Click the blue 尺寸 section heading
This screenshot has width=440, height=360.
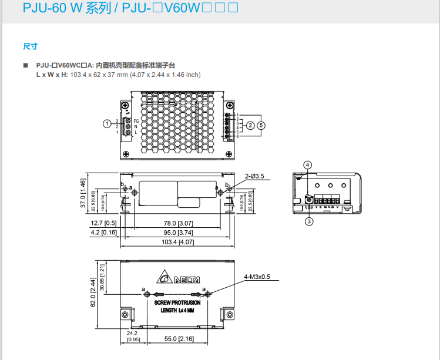[x=31, y=45]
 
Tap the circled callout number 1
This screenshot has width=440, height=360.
[x=106, y=123]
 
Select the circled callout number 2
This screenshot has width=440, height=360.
[x=250, y=125]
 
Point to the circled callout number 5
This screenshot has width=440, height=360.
[x=261, y=125]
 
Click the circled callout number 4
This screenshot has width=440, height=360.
[x=308, y=164]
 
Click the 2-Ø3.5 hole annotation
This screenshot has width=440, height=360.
[x=254, y=176]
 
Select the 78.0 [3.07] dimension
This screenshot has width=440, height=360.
[x=178, y=223]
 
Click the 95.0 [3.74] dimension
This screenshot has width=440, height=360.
[x=178, y=232]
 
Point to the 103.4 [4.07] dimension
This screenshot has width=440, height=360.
[x=178, y=241]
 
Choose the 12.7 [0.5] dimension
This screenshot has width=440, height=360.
[x=103, y=223]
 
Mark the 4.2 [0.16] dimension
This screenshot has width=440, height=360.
[x=103, y=232]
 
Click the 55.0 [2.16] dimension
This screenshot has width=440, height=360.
[x=179, y=339]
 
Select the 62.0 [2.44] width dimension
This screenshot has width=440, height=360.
[x=92, y=292]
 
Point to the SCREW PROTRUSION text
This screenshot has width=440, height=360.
[x=177, y=302]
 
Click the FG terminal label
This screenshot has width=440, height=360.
[x=136, y=121]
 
